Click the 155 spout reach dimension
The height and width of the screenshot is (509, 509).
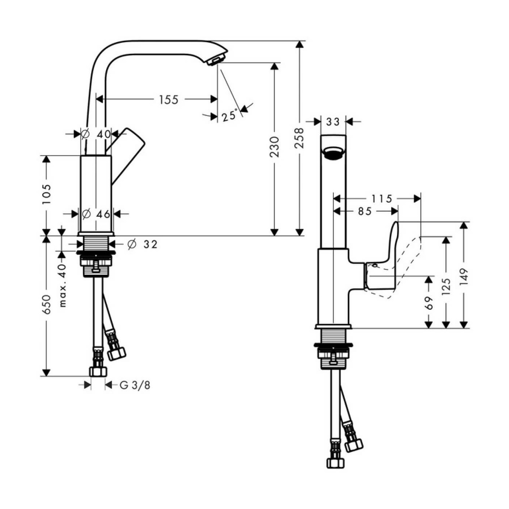point(169,99)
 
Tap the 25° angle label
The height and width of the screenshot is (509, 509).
point(230,116)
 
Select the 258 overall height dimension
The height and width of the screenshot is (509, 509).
point(299,138)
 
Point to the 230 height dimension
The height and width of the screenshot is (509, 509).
point(274,147)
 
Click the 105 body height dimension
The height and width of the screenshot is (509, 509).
point(46,194)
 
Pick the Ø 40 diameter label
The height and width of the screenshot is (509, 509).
point(96,134)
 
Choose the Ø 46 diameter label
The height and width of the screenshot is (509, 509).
point(96,214)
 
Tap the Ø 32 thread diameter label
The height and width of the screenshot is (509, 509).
point(143,244)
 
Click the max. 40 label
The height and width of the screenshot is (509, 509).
point(62,285)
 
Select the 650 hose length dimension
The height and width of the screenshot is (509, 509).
point(46,305)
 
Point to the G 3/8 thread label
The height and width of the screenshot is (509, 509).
point(135,385)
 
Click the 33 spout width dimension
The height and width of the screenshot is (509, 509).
point(333,121)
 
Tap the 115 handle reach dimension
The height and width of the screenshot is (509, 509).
point(382,199)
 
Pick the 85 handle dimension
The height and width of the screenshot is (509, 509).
point(365,211)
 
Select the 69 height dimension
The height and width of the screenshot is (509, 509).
point(429,302)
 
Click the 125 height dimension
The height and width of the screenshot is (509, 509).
point(446,286)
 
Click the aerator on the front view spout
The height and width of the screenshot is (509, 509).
point(333,153)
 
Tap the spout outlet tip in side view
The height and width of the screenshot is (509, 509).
point(217,60)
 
